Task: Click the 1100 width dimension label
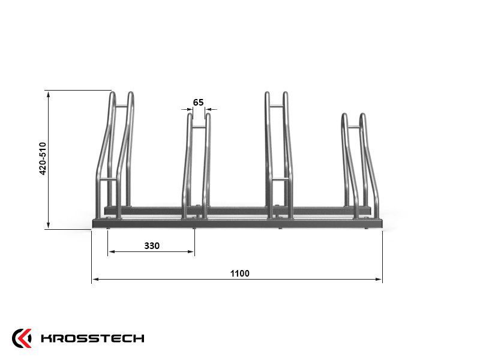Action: tap(239, 274)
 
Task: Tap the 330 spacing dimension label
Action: tap(152, 246)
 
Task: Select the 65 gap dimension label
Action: tap(199, 103)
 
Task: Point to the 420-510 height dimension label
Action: tap(43, 158)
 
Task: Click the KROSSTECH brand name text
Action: tap(92, 338)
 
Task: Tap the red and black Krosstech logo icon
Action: tap(22, 338)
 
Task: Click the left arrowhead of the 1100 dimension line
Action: tap(95, 279)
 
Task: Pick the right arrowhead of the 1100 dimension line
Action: tap(379, 279)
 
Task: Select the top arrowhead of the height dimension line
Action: tap(49, 94)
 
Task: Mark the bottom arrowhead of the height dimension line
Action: tap(49, 226)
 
